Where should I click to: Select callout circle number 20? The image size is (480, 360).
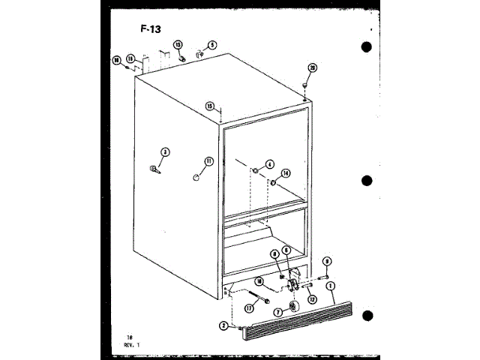[x=313, y=67]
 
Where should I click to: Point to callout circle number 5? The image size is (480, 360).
[x=212, y=45]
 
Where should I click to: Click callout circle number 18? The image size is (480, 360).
[x=117, y=60]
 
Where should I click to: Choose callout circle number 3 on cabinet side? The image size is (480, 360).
[x=166, y=152]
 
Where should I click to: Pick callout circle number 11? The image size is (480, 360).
[x=209, y=160]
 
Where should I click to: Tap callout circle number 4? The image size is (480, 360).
[x=269, y=164]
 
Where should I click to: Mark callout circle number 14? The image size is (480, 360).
[x=285, y=173]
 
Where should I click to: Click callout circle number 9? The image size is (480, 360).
[x=327, y=261]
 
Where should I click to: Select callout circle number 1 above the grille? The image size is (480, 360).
[x=331, y=286]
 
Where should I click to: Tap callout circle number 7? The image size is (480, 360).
[x=277, y=311]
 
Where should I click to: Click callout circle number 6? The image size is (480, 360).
[x=286, y=251]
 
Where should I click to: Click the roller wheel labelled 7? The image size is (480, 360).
[x=292, y=307]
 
